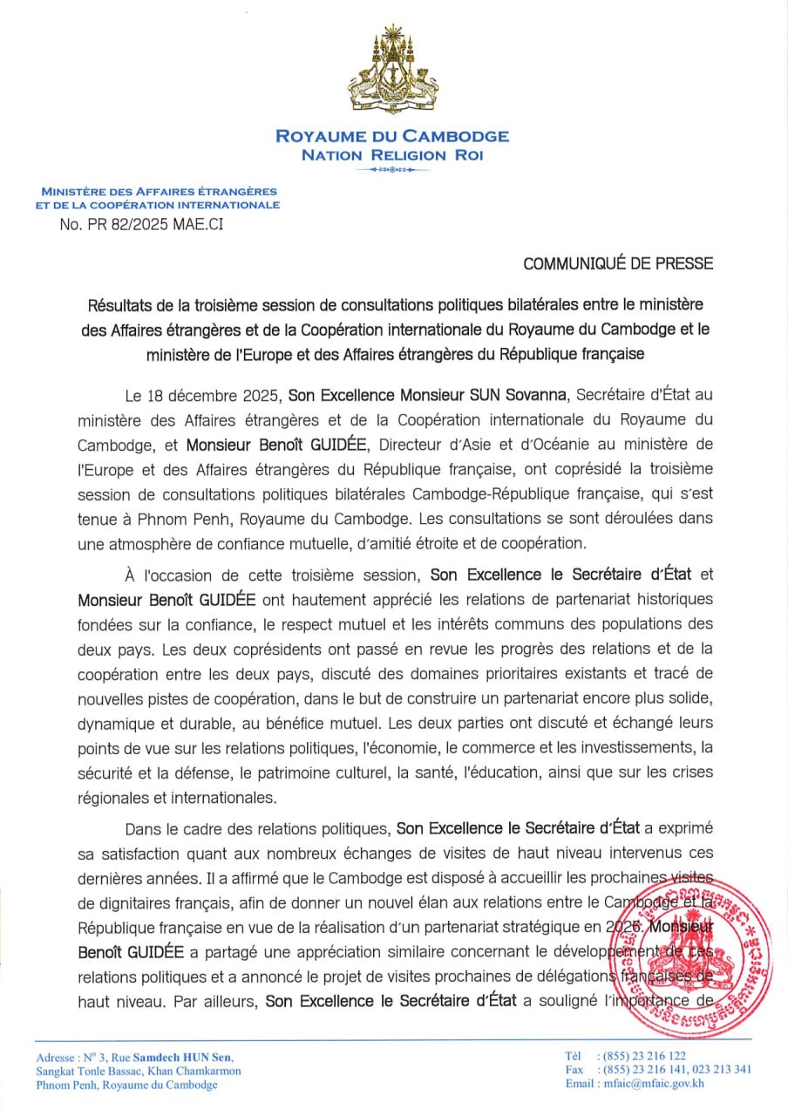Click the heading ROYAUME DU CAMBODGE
[392, 136]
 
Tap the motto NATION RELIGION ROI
[391, 155]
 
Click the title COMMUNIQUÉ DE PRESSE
[618, 262]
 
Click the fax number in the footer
[670, 1070]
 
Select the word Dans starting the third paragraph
[143, 827]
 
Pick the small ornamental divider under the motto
[392, 171]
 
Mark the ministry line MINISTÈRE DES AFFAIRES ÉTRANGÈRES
[159, 191]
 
